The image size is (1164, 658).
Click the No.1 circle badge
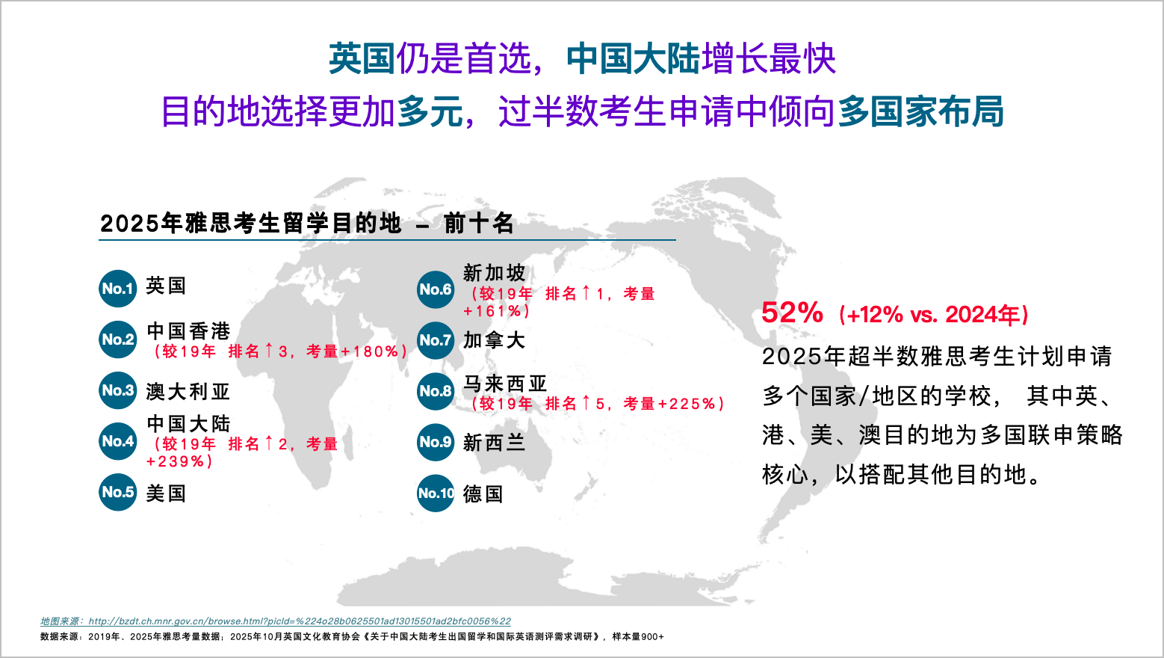tap(118, 289)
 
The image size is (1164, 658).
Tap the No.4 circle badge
tap(118, 441)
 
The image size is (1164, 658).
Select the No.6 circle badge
tap(436, 289)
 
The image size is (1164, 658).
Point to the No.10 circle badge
tap(436, 493)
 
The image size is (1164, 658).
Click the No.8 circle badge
tap(436, 391)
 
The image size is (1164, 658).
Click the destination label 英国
tap(166, 286)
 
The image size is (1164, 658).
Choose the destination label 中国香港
tap(188, 331)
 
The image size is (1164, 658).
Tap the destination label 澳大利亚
tap(188, 391)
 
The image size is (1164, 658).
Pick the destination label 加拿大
tap(494, 340)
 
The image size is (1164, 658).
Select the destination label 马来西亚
tap(505, 384)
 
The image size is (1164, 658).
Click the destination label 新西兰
tap(494, 443)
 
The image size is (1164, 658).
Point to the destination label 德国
tap(483, 494)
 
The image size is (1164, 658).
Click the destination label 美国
tap(166, 493)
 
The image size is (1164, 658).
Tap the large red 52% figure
tap(792, 313)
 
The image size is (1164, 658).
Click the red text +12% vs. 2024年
tap(934, 315)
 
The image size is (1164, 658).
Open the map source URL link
tap(299, 621)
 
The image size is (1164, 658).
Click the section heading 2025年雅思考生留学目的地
tap(250, 223)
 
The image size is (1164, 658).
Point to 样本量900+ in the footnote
tap(638, 637)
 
